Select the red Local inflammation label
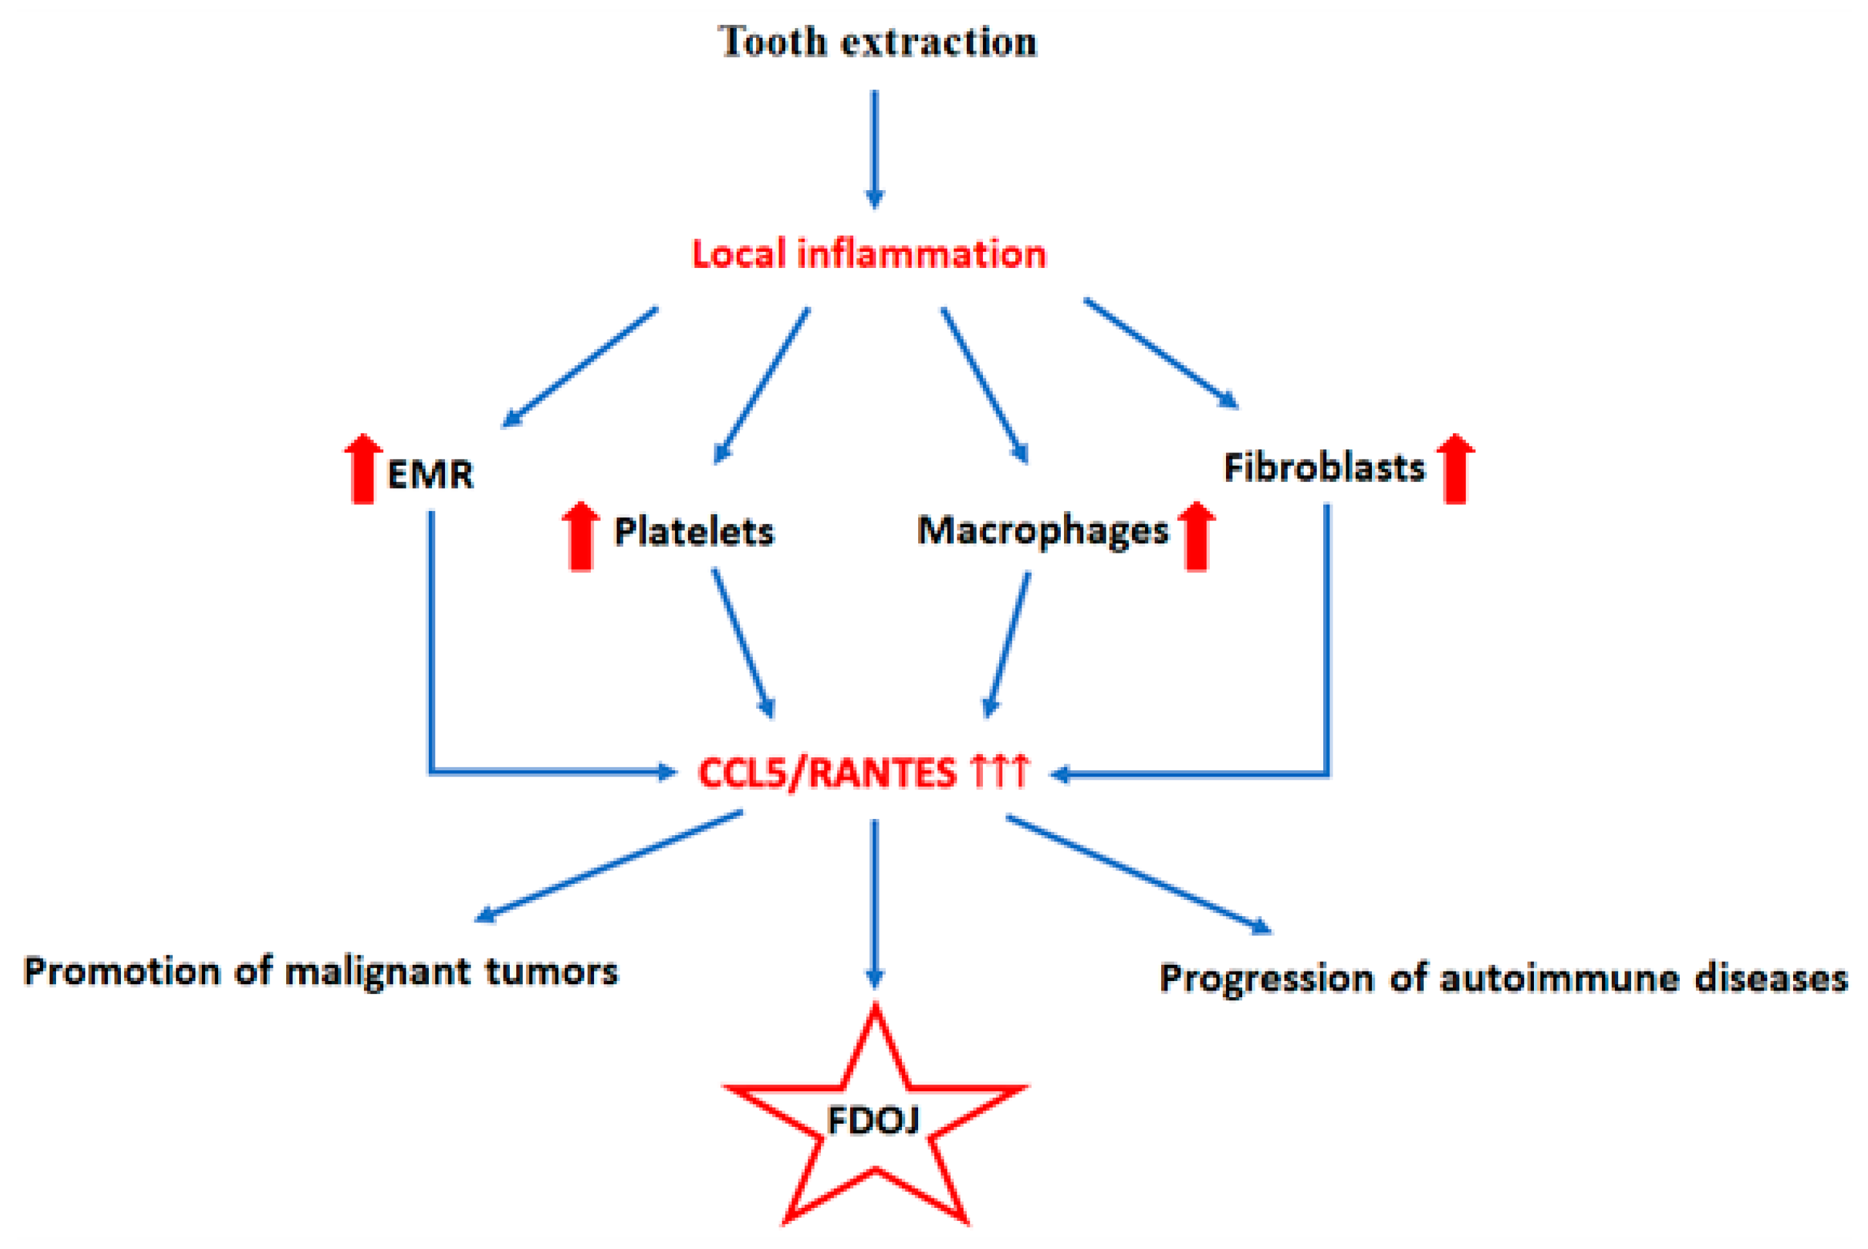pyautogui.click(x=868, y=254)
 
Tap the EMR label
pyautogui.click(x=430, y=475)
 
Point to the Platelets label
pyautogui.click(x=694, y=531)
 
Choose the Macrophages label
pyautogui.click(x=1043, y=530)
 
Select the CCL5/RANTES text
pyautogui.click(x=827, y=773)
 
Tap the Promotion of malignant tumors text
pyautogui.click(x=321, y=972)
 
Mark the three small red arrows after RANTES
pyautogui.click(x=1000, y=771)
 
